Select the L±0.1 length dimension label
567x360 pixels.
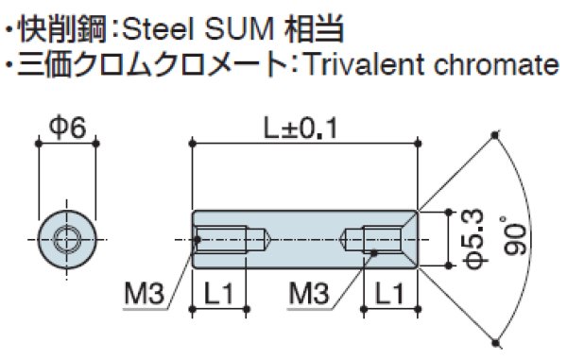tap(304, 128)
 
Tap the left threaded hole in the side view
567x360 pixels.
tap(232, 238)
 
